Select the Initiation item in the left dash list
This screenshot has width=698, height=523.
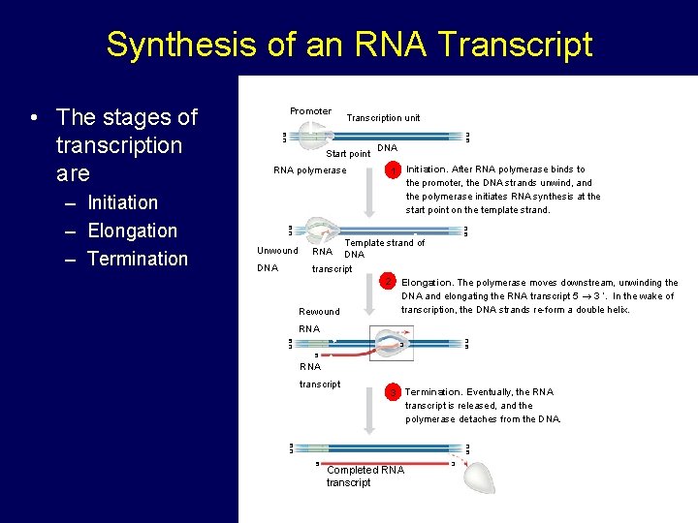[122, 202]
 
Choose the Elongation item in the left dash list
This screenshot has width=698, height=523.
[132, 231]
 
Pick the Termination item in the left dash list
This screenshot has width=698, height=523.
[137, 259]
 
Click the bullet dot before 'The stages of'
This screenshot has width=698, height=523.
[34, 118]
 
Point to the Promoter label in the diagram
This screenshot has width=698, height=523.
[310, 111]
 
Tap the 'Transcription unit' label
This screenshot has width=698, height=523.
[384, 118]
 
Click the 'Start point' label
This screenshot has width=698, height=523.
[348, 154]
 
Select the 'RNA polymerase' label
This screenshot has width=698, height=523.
[309, 170]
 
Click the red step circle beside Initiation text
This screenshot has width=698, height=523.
[394, 169]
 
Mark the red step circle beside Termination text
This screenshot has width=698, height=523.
[393, 392]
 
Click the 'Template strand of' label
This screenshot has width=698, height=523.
[385, 243]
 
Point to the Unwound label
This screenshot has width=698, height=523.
[277, 251]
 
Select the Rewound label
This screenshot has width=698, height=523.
[319, 312]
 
